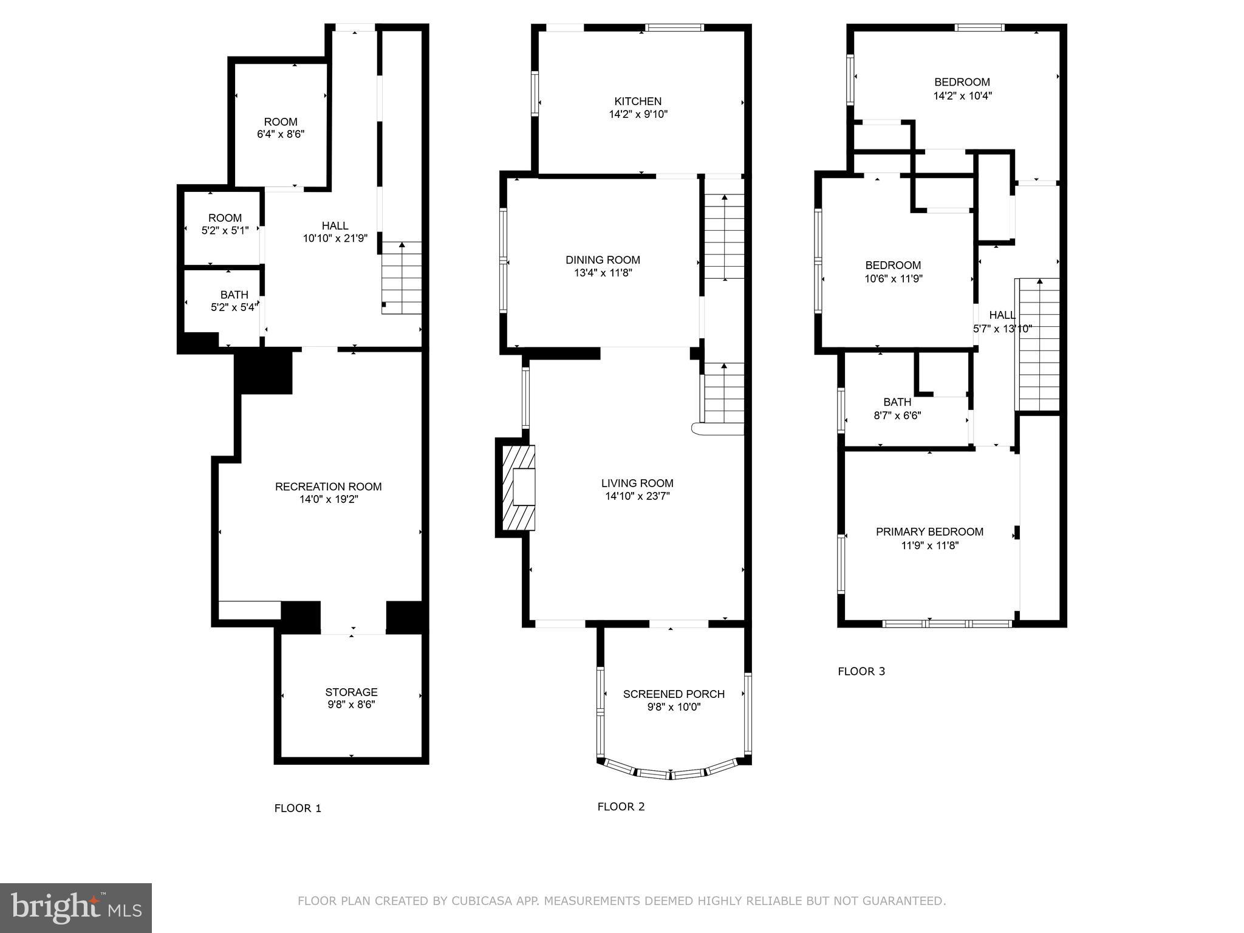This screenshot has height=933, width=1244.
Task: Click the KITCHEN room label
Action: [638, 101]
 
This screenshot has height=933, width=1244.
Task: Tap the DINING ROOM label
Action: [603, 260]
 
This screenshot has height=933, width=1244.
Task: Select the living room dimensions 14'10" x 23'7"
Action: [637, 496]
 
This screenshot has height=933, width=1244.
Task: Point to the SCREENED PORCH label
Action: [674, 694]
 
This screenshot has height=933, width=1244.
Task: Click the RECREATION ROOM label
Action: [328, 487]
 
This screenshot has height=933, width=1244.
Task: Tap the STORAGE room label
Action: [351, 692]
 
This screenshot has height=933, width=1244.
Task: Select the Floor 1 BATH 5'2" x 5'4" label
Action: [234, 301]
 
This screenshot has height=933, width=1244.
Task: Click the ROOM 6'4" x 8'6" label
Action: [281, 128]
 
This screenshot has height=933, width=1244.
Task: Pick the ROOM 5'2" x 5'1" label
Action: [225, 224]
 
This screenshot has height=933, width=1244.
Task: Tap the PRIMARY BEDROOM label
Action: [929, 532]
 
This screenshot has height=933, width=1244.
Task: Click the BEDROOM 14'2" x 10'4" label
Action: [962, 89]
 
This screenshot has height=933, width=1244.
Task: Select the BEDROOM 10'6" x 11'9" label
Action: [893, 272]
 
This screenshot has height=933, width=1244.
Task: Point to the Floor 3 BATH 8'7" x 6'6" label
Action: [897, 409]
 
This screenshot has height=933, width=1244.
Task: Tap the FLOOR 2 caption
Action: [621, 807]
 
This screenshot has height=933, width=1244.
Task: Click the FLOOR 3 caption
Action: [861, 671]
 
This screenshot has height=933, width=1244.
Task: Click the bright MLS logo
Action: [75, 907]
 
